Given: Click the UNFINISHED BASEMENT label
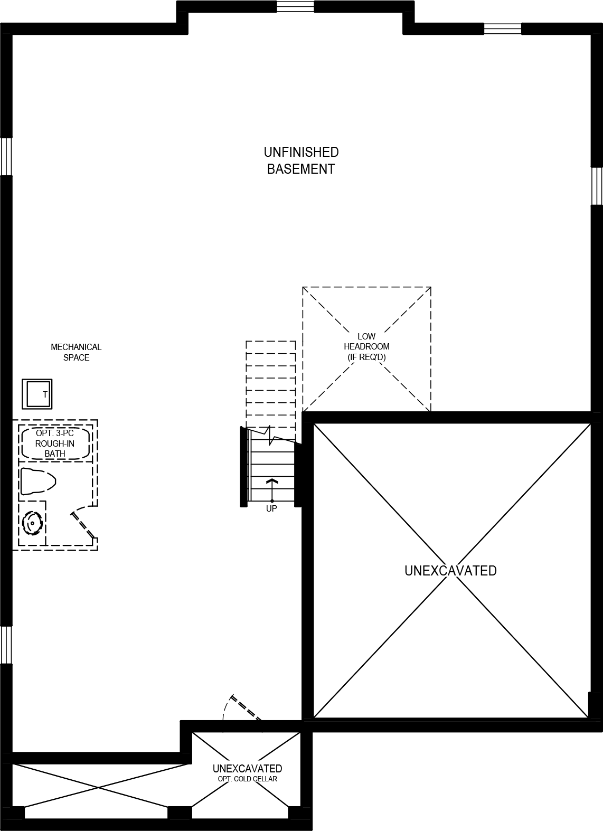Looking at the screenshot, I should pyautogui.click(x=301, y=160).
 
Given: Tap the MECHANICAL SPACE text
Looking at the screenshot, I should pyautogui.click(x=76, y=352).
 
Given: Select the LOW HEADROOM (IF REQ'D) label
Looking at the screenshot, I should pyautogui.click(x=366, y=347).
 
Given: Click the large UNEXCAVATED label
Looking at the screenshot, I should pyautogui.click(x=450, y=571).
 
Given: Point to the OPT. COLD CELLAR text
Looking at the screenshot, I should pyautogui.click(x=247, y=779).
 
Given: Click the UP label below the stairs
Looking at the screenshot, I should pyautogui.click(x=271, y=509).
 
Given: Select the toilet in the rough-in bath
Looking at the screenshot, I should pyautogui.click(x=37, y=481).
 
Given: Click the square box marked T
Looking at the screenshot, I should pyautogui.click(x=37, y=394).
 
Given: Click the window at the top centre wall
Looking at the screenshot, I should pyautogui.click(x=295, y=7).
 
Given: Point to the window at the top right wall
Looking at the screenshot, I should pyautogui.click(x=502, y=29).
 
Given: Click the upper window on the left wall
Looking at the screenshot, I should pyautogui.click(x=6, y=156).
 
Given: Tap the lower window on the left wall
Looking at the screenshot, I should pyautogui.click(x=6, y=645).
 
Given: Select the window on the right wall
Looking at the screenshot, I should pyautogui.click(x=597, y=186).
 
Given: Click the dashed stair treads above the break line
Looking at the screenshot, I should pyautogui.click(x=271, y=383).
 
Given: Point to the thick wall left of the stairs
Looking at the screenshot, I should pyautogui.click(x=244, y=467).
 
